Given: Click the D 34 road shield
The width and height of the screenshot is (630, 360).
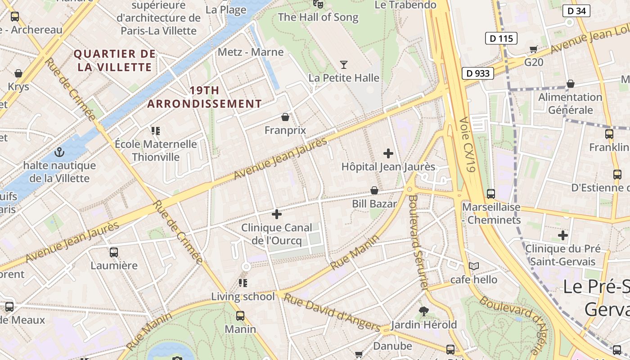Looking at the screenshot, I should (576, 11).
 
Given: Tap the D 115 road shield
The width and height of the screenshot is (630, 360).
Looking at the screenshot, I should (501, 38).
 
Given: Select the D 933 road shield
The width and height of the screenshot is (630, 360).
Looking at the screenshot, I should (478, 73).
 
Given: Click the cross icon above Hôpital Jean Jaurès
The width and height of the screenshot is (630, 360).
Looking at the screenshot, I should (388, 153).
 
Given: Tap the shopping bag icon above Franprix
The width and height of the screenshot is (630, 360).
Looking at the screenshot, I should (285, 117).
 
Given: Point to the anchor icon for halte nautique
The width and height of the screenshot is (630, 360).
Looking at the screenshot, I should (59, 153).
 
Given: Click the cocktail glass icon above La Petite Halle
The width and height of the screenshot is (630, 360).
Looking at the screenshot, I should (344, 65).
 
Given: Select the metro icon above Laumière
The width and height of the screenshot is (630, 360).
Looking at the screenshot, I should (114, 252).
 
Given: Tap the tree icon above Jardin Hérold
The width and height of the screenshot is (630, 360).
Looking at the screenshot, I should (423, 311).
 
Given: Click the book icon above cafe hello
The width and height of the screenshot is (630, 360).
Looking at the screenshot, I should (474, 266).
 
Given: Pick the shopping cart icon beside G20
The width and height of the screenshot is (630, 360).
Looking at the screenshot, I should (534, 49).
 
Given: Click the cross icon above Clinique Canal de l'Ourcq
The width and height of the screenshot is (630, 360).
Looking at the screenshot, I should (277, 214).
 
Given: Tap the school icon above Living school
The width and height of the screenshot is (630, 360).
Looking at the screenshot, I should (243, 283).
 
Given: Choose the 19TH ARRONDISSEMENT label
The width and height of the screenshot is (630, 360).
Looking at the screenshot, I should (205, 97).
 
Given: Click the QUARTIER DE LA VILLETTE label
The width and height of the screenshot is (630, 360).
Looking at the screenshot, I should (115, 61).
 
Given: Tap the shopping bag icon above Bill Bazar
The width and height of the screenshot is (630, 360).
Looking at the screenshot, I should (374, 191).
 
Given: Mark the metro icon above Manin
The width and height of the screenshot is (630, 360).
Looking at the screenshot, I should (240, 316).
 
